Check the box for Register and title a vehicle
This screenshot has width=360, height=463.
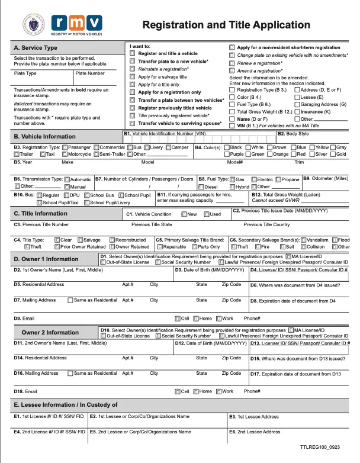[x=133, y=54]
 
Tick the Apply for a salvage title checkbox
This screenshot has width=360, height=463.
[x=133, y=77]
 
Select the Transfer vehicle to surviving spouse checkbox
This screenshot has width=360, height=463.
[x=133, y=124]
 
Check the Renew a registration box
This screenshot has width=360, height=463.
[x=232, y=63]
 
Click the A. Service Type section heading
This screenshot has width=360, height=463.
[x=36, y=47]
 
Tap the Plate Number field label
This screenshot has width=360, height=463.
[x=91, y=73]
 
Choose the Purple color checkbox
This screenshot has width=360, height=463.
[x=228, y=154]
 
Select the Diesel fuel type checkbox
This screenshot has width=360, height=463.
[x=200, y=187]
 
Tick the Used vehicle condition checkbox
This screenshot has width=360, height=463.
[x=207, y=214]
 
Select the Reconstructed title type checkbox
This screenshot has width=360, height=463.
[x=113, y=240]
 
